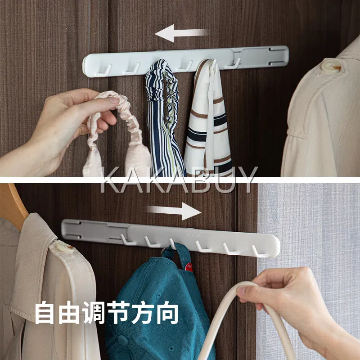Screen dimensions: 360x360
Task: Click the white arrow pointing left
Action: [x=181, y=33]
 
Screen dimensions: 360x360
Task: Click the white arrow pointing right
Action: [x=174, y=211]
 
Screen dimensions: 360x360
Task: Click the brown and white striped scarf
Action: [x=208, y=119]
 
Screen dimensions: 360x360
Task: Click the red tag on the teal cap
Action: [x=189, y=267]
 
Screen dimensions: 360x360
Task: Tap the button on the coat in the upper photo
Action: [x=331, y=66]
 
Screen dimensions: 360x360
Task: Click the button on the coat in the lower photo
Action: [x=65, y=247]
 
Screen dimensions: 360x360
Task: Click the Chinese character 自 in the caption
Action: [x=45, y=313]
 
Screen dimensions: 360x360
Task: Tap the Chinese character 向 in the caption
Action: [x=168, y=313]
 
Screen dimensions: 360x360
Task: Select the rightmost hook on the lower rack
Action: [x=257, y=252]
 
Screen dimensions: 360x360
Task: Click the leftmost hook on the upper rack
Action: [x=104, y=71]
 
